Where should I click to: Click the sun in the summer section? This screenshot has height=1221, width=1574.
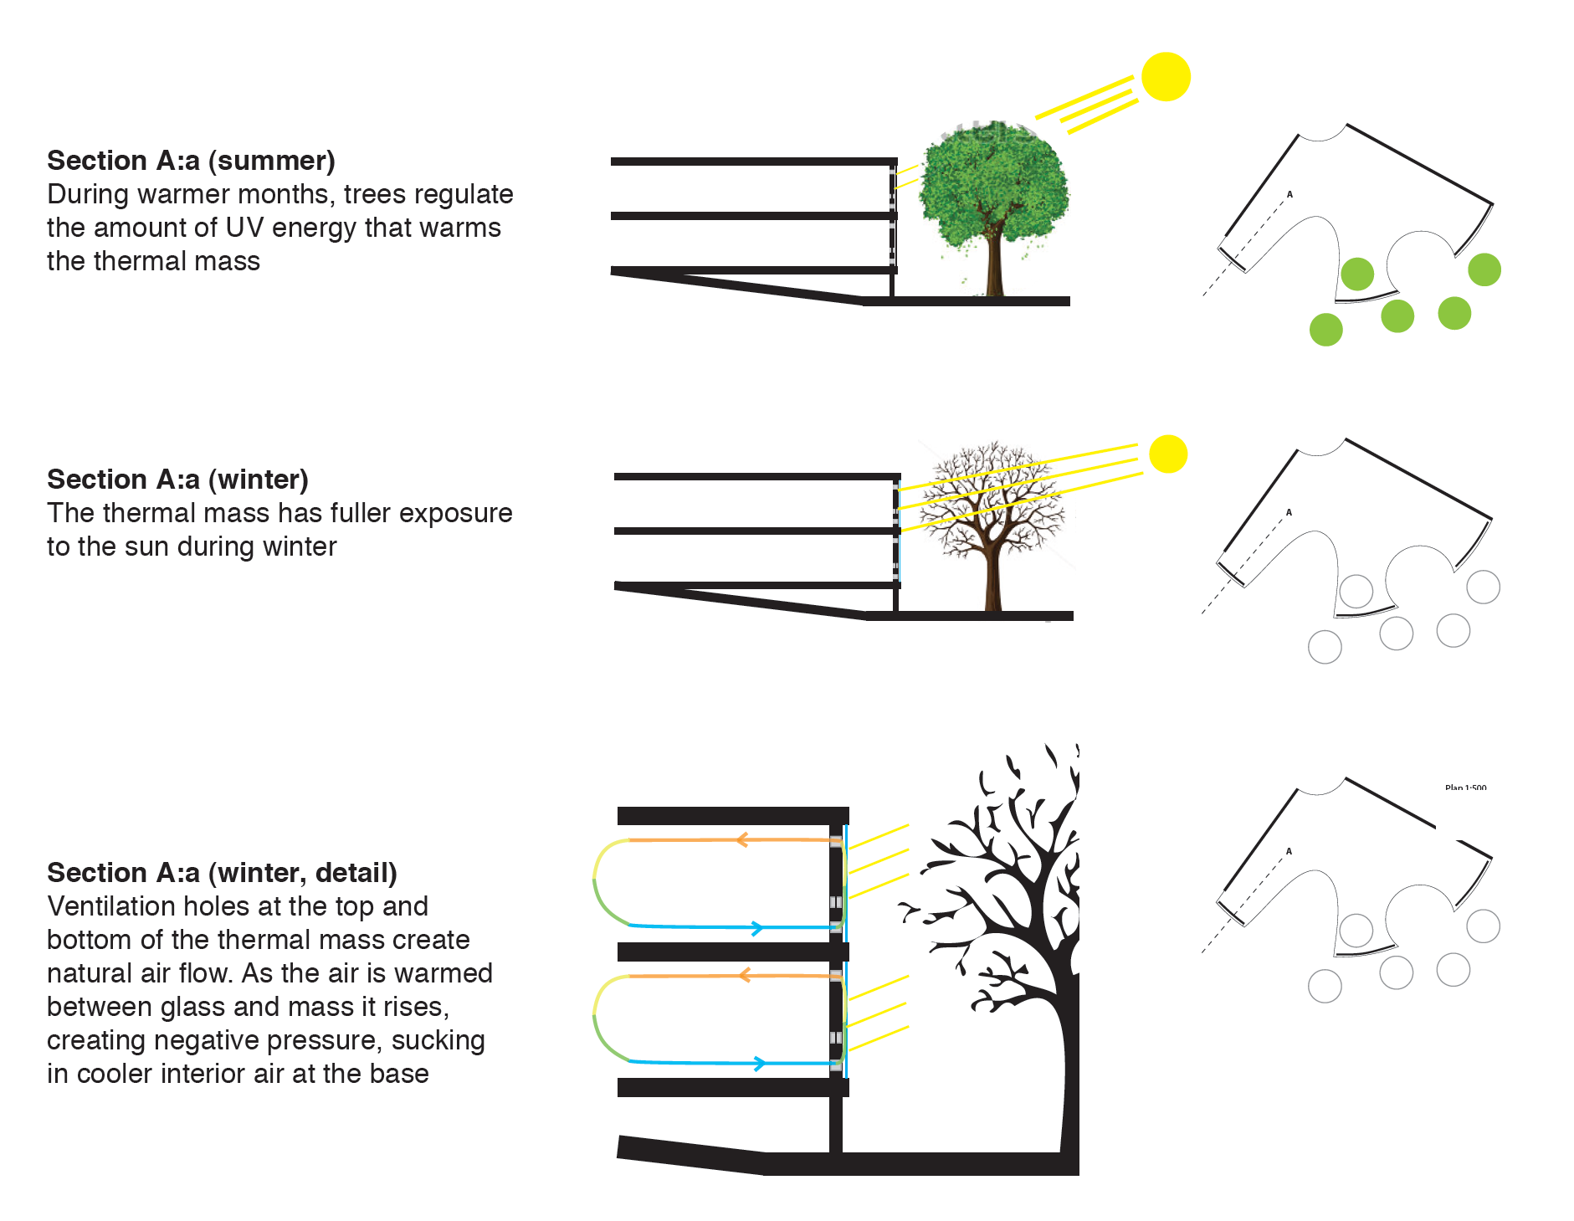click(1165, 77)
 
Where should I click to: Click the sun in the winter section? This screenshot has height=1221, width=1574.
click(1168, 454)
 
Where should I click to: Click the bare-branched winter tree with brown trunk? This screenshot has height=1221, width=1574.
click(993, 519)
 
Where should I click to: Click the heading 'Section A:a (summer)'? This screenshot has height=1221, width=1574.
click(191, 161)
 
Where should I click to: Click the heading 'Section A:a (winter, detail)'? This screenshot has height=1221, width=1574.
click(222, 873)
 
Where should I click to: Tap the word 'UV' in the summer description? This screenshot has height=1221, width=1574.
click(244, 228)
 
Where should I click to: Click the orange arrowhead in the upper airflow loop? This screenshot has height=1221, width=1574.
click(741, 839)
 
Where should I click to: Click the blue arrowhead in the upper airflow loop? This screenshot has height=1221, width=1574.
click(756, 927)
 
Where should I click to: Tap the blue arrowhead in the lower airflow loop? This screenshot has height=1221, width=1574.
click(758, 1064)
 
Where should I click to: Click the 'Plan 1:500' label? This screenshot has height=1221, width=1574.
click(1465, 787)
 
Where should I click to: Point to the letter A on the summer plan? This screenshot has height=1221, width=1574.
click(1289, 194)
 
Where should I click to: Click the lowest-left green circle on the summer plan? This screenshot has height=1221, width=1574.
click(1325, 330)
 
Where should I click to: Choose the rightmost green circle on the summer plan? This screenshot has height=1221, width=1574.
click(1484, 269)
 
